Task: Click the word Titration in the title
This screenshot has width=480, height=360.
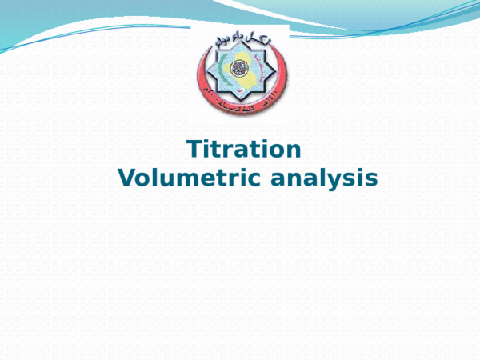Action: (x=244, y=150)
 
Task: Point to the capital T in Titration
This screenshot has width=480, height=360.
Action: (x=194, y=150)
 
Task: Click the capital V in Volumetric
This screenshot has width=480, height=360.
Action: (x=127, y=178)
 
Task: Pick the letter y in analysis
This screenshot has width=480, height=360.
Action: (x=343, y=180)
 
